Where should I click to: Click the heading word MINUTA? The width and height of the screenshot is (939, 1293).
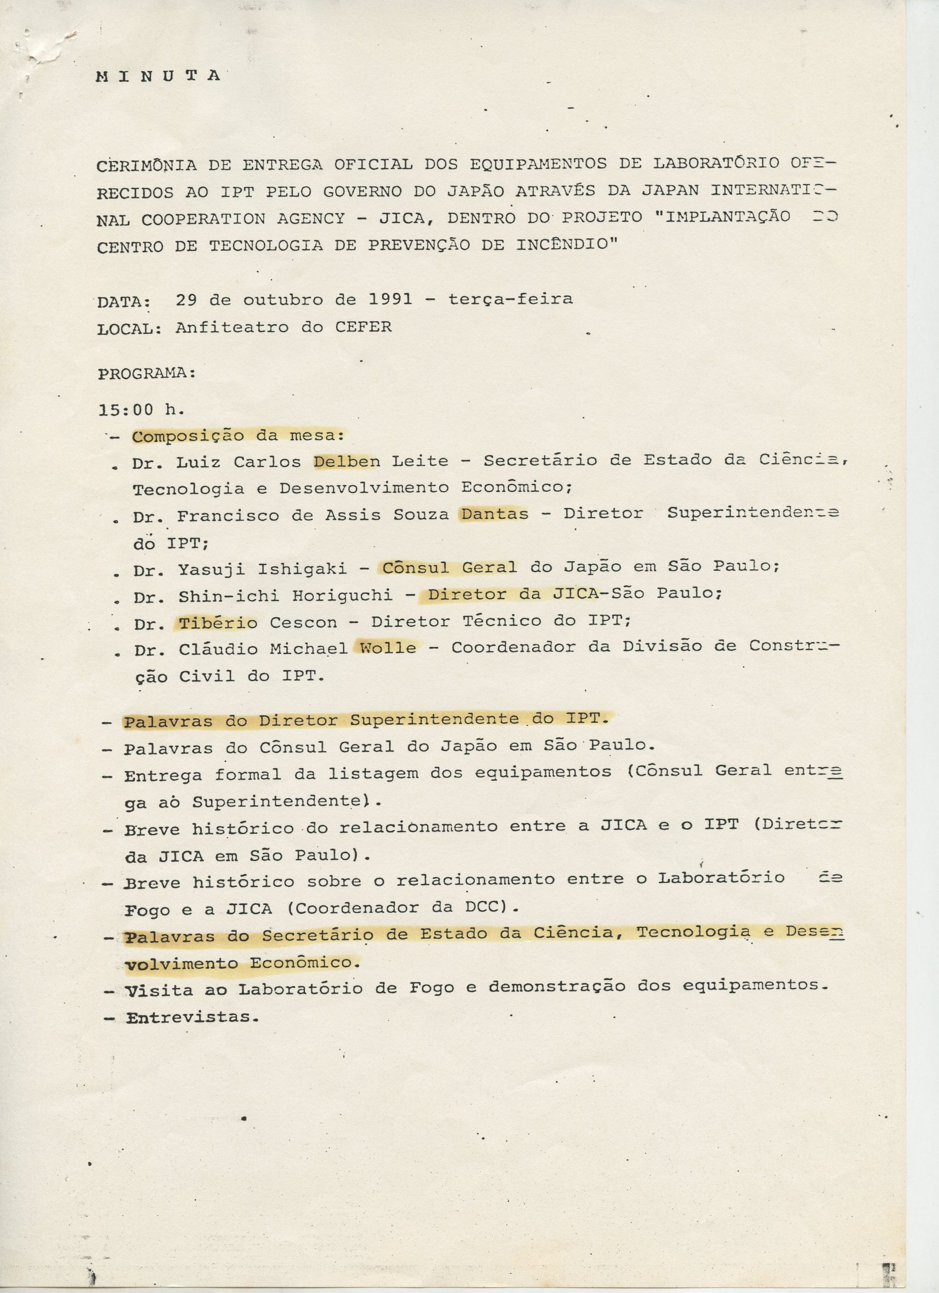tap(158, 76)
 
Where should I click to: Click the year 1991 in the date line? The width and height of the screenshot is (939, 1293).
tap(390, 299)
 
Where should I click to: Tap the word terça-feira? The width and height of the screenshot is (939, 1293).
tap(510, 299)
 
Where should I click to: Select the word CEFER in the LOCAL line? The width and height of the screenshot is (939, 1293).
tap(363, 327)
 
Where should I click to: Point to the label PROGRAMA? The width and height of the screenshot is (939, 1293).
tap(147, 373)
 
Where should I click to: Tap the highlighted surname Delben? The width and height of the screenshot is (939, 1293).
tap(346, 461)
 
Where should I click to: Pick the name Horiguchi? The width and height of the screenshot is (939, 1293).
tap(342, 595)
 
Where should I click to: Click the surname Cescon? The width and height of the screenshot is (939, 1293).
tap(303, 623)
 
